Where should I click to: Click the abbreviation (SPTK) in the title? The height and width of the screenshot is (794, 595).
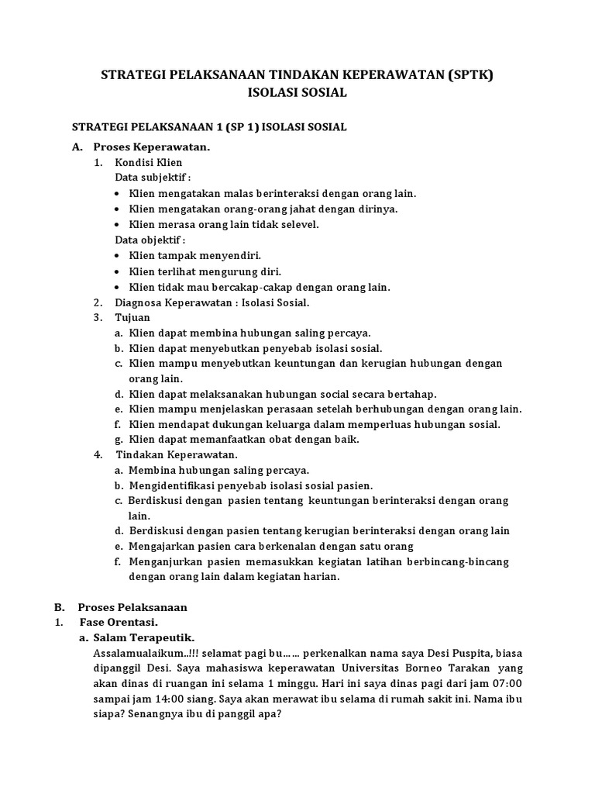coord(465,75)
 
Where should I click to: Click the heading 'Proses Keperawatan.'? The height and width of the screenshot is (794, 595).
coord(152,146)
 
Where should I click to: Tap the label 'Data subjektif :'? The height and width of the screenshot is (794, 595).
coord(153,177)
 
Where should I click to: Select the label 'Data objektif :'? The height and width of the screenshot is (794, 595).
coord(150,240)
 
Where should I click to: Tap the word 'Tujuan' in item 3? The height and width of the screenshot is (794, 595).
coord(132,317)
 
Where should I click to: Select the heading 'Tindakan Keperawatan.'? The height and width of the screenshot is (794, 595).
coord(177,454)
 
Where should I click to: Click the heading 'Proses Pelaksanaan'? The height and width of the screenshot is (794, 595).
coord(132,606)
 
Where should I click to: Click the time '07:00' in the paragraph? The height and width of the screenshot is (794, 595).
coord(508,683)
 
